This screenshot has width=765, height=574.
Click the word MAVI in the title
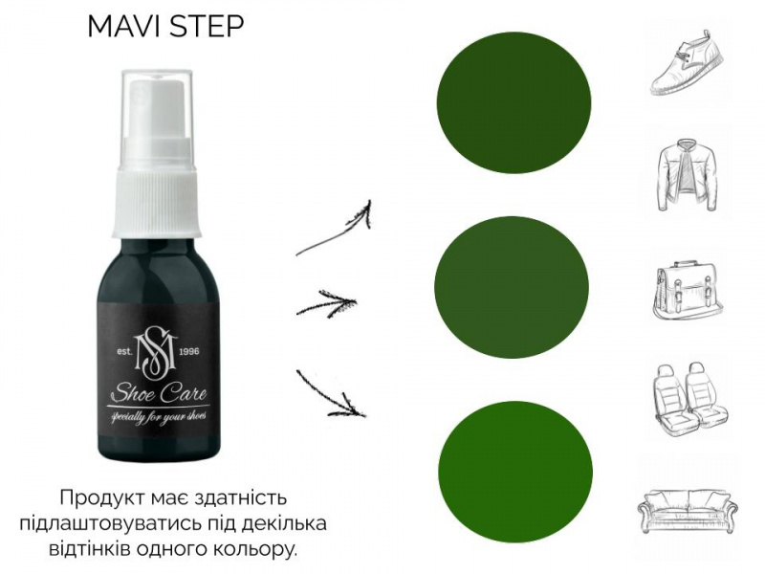tap(124, 27)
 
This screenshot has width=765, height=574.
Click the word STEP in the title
tap(206, 27)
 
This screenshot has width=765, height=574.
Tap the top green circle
tap(514, 102)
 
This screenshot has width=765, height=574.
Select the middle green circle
tap(512, 287)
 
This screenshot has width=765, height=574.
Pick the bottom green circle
tap(515, 473)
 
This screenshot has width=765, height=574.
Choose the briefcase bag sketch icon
tap(688, 292)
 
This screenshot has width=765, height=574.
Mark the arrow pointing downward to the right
tap(330, 395)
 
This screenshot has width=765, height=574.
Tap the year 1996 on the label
tap(189, 351)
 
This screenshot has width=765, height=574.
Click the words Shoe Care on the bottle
tap(159, 393)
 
